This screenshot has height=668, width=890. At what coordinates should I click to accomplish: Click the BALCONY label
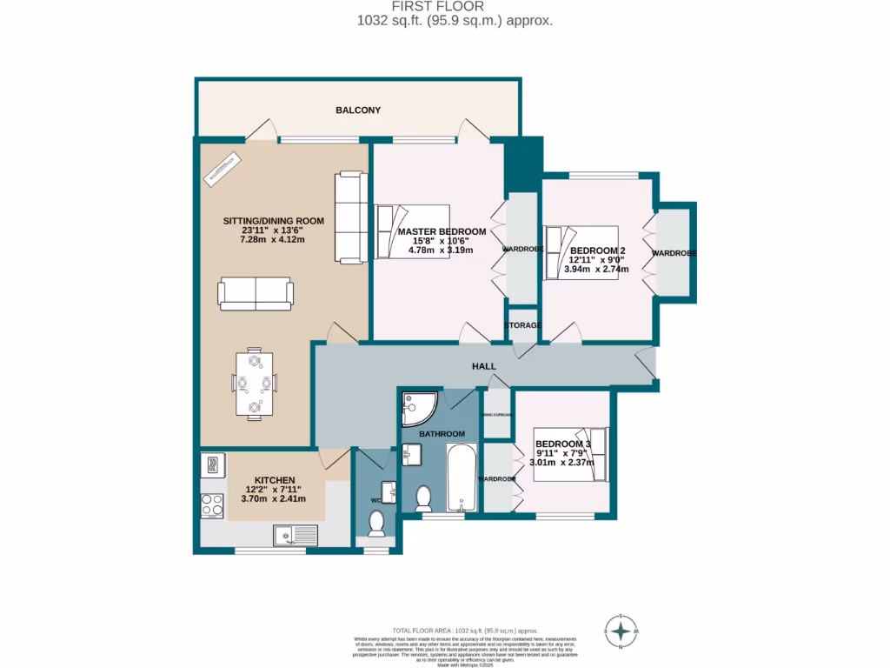(x=358, y=110)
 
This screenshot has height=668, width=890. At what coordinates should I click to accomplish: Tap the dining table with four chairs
(x=254, y=384)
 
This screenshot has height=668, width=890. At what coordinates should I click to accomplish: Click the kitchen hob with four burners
(x=212, y=504)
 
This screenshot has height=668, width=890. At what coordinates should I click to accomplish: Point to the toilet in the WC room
(x=377, y=524)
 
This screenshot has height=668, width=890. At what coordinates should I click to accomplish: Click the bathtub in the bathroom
(x=462, y=478)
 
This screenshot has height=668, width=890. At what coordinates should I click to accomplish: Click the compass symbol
(x=621, y=631)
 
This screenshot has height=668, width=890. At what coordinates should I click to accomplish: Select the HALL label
(x=484, y=366)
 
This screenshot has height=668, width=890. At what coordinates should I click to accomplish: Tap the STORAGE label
(x=523, y=325)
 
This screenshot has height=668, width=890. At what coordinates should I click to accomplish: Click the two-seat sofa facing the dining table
(x=255, y=294)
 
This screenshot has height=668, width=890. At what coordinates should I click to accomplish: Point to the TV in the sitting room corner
(x=224, y=168)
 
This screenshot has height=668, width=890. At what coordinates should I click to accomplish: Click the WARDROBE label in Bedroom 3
(x=497, y=479)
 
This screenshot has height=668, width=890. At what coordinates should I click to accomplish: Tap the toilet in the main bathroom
(x=424, y=498)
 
